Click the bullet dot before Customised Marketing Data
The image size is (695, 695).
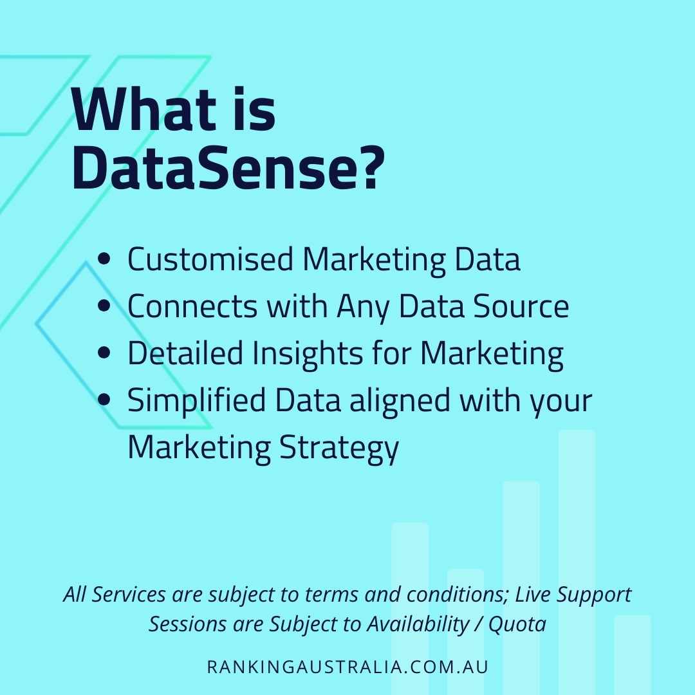[x=104, y=260]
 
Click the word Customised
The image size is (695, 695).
[x=210, y=260]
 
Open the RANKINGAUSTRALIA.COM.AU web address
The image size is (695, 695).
[x=347, y=666]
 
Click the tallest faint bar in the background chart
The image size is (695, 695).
[x=577, y=515]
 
